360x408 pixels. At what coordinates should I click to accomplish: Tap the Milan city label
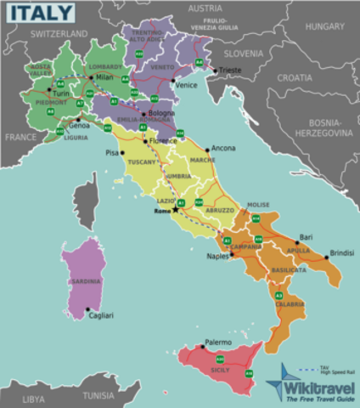[104, 77]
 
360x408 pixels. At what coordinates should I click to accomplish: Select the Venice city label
[185, 85]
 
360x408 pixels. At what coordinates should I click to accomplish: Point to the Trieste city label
[229, 70]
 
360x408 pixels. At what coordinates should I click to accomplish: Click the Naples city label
[217, 256]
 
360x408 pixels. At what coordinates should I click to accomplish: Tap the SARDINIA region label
[86, 280]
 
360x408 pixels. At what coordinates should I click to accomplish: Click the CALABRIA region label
[290, 304]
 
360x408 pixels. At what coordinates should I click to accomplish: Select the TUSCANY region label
[143, 161]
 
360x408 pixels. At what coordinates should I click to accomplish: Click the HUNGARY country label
[325, 26]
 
